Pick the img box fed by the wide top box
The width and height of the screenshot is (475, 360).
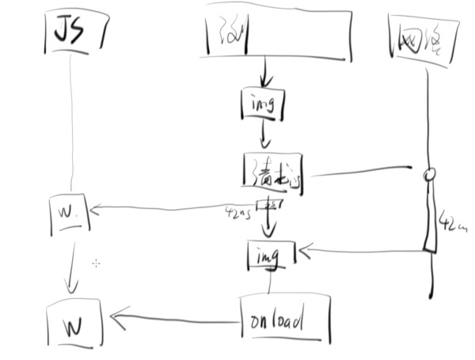click(262, 103)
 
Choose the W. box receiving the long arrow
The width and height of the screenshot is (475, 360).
click(68, 213)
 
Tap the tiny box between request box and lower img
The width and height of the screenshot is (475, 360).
click(271, 206)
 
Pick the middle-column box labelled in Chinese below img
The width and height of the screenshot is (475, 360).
click(272, 173)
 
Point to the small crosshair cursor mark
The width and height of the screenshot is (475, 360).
click(96, 263)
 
